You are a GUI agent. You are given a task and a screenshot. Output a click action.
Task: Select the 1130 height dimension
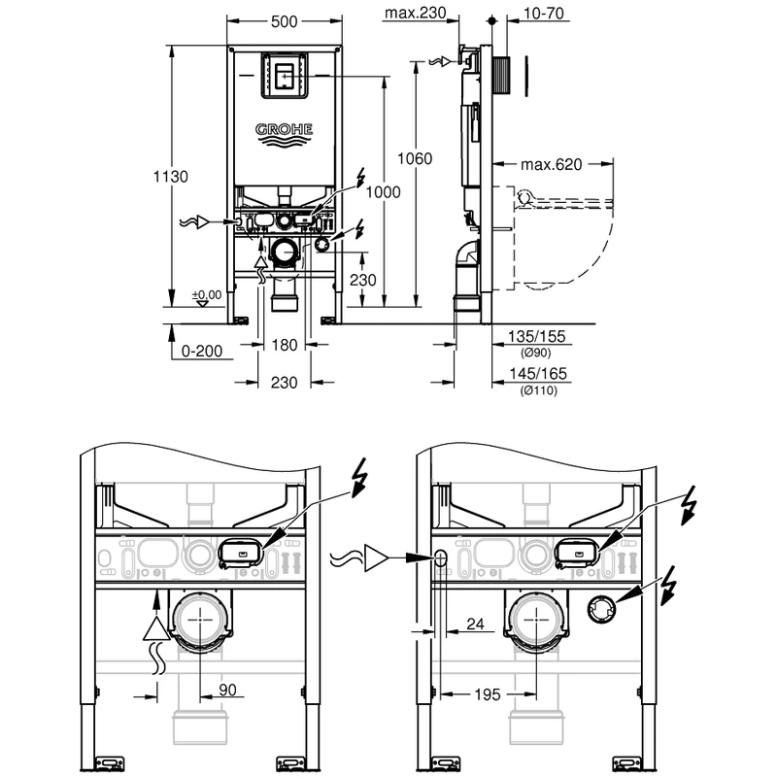(171, 177)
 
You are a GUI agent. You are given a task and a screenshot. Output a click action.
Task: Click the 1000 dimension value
(384, 193)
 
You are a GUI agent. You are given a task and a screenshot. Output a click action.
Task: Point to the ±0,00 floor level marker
(206, 294)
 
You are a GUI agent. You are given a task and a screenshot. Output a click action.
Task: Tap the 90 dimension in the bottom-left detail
(228, 690)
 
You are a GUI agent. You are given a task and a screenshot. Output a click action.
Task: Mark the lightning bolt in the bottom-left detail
(360, 482)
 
